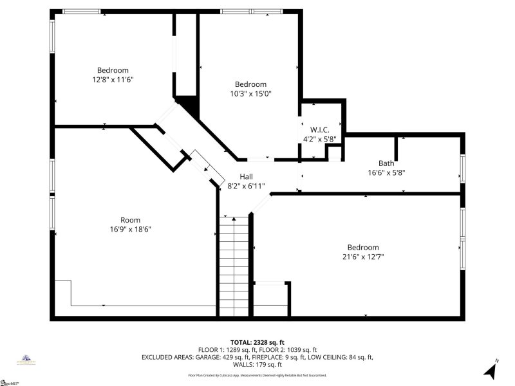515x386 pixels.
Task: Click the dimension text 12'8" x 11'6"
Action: (x=113, y=79)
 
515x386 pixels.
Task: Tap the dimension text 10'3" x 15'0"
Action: (x=250, y=93)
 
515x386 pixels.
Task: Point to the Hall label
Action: (x=246, y=176)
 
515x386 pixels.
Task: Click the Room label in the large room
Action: (x=130, y=220)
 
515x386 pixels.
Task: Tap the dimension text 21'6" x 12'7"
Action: (x=363, y=257)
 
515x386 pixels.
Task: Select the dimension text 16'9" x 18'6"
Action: (x=130, y=229)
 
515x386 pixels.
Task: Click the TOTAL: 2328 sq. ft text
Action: (x=257, y=342)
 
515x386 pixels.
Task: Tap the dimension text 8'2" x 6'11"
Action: (x=246, y=185)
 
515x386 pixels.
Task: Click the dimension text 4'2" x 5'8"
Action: (x=320, y=138)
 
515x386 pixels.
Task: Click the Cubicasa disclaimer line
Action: (x=257, y=375)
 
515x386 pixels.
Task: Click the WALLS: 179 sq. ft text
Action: (x=257, y=363)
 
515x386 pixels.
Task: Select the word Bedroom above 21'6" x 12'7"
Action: (x=363, y=248)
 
